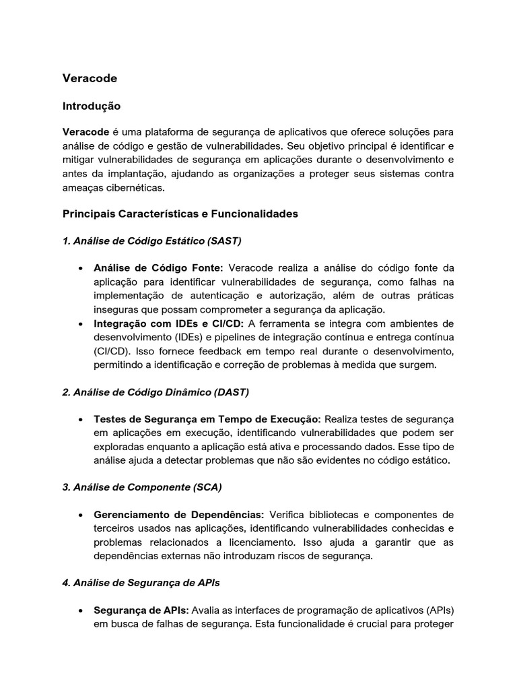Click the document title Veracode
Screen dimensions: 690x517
(x=90, y=78)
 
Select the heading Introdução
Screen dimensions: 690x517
(x=91, y=106)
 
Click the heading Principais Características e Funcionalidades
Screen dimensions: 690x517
(x=180, y=214)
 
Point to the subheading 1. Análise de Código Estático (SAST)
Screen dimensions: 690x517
(x=151, y=241)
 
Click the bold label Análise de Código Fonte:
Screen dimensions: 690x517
(x=158, y=267)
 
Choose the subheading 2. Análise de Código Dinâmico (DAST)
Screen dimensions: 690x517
(x=156, y=391)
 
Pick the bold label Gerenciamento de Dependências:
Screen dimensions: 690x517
(x=178, y=515)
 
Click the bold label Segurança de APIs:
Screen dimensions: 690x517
(x=141, y=610)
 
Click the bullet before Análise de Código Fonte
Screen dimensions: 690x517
(x=80, y=268)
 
